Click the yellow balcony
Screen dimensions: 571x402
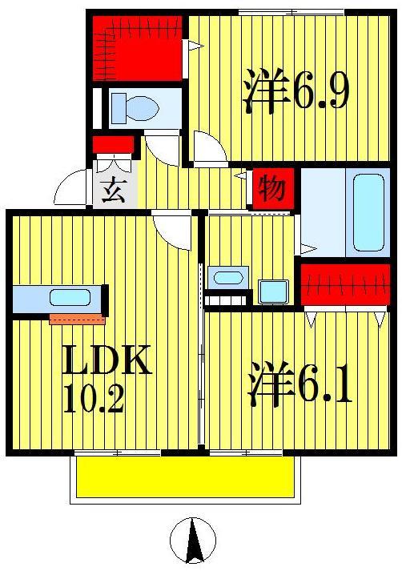click(x=185, y=478)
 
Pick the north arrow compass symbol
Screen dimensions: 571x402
click(x=193, y=540)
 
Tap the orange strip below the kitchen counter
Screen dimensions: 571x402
click(x=77, y=320)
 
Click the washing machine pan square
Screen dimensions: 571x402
click(x=273, y=291)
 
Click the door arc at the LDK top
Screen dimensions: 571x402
click(x=172, y=231)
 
